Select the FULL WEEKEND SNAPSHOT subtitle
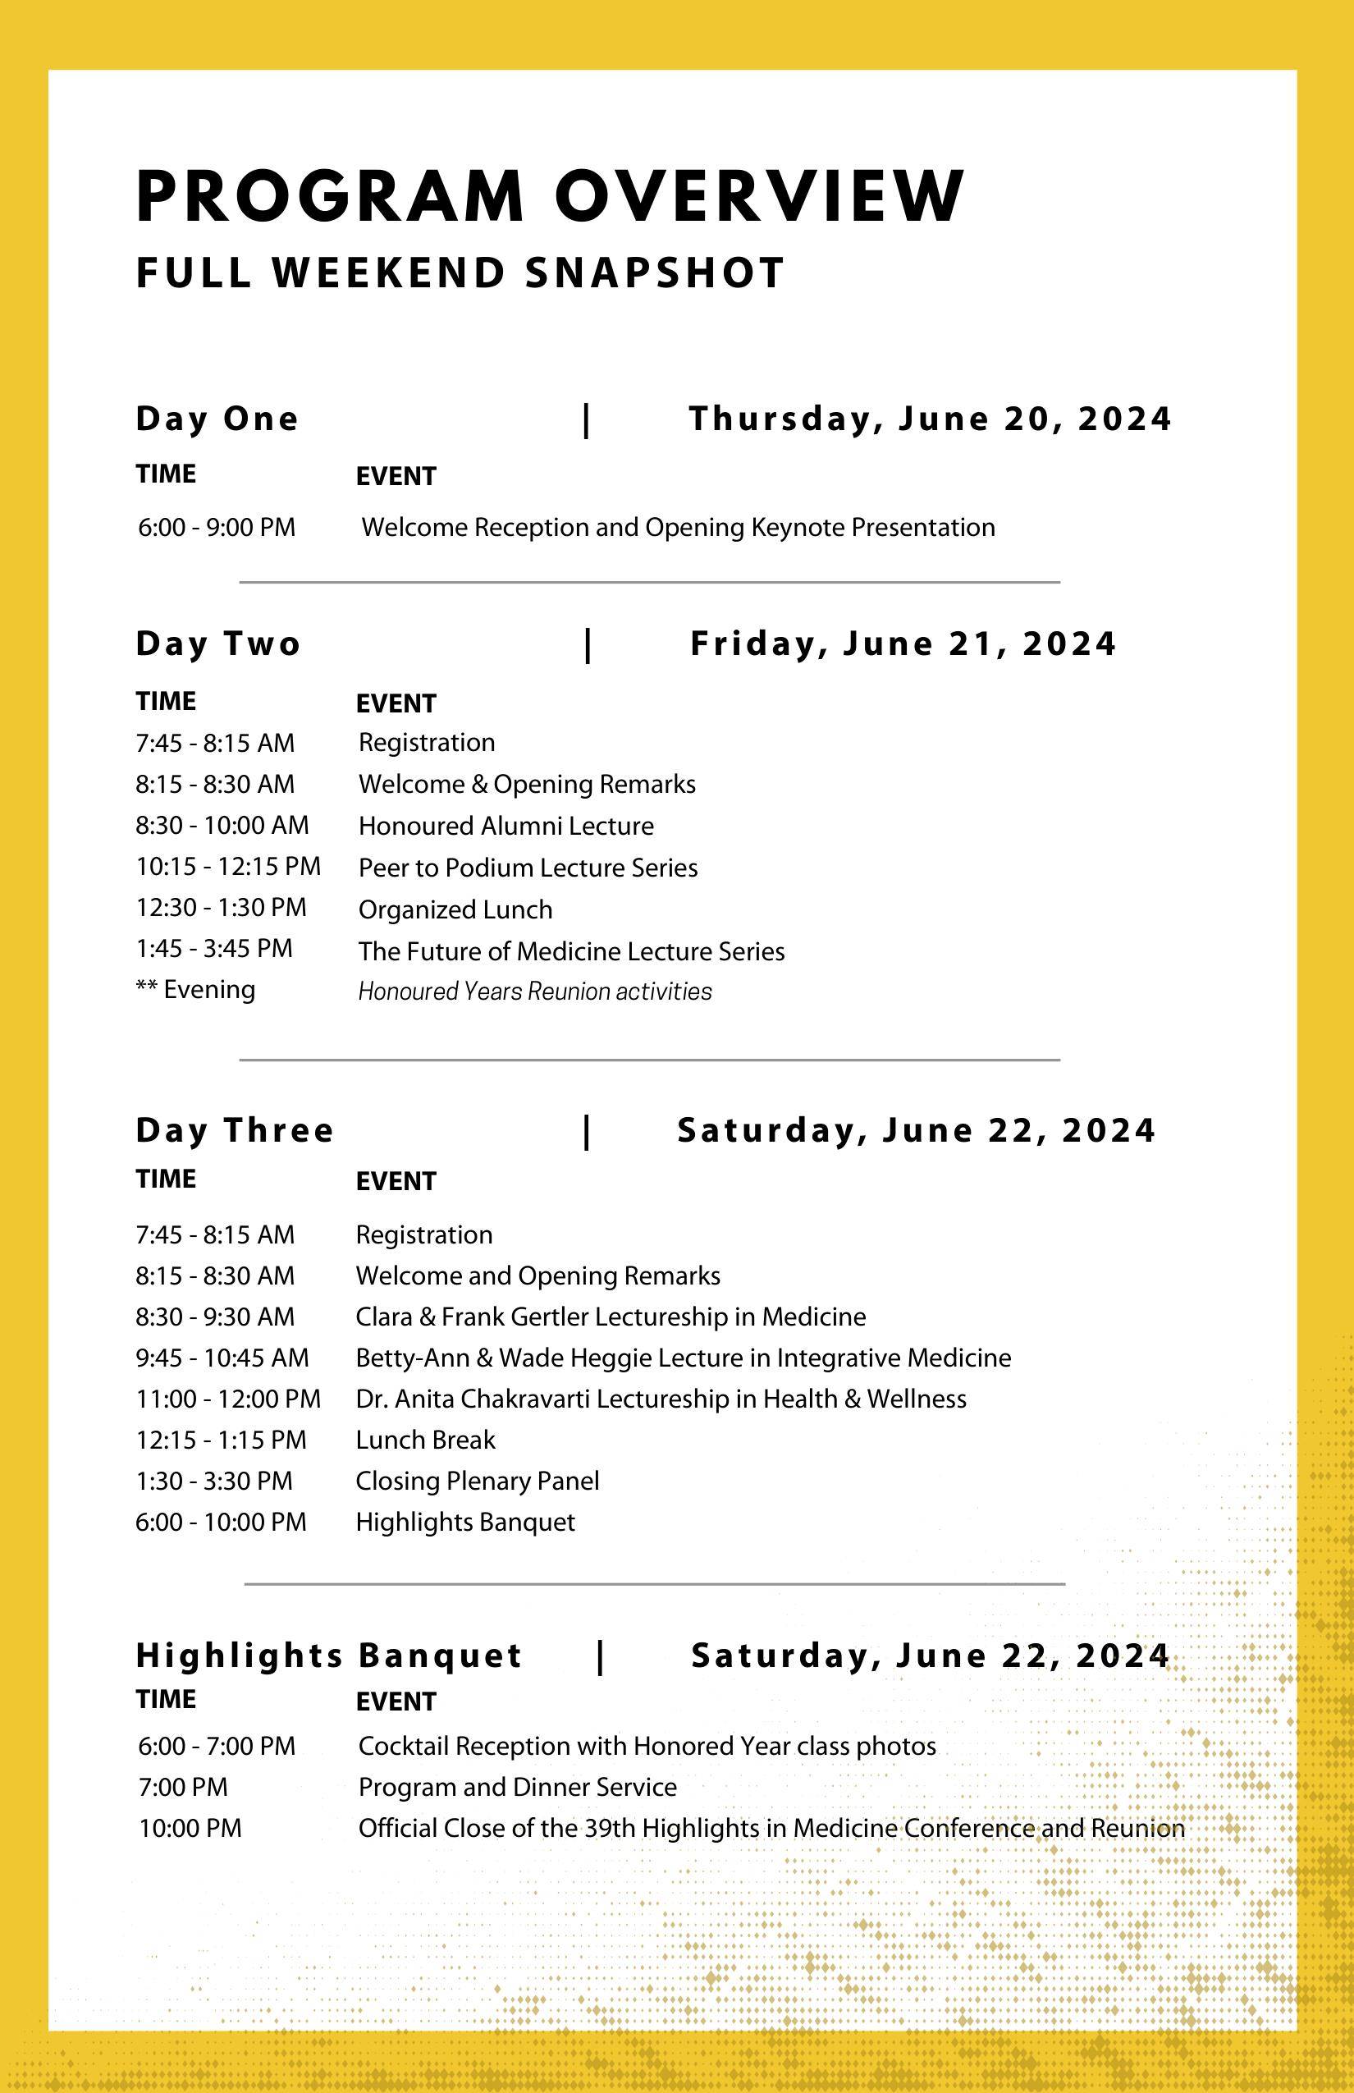(460, 273)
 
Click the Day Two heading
(218, 643)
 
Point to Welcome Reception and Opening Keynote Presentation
(678, 528)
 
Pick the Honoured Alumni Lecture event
(505, 826)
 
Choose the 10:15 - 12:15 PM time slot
(228, 866)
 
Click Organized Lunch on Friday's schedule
(455, 909)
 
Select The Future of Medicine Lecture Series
(570, 950)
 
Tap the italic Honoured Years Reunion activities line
(534, 992)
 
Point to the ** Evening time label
(195, 989)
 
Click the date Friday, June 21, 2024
(903, 643)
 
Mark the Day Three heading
(235, 1130)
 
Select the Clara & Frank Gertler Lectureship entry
(611, 1317)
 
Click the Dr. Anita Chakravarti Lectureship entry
(661, 1399)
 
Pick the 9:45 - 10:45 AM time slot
(222, 1358)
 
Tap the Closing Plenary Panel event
(477, 1481)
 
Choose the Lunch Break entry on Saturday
(426, 1440)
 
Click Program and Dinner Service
(517, 1787)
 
